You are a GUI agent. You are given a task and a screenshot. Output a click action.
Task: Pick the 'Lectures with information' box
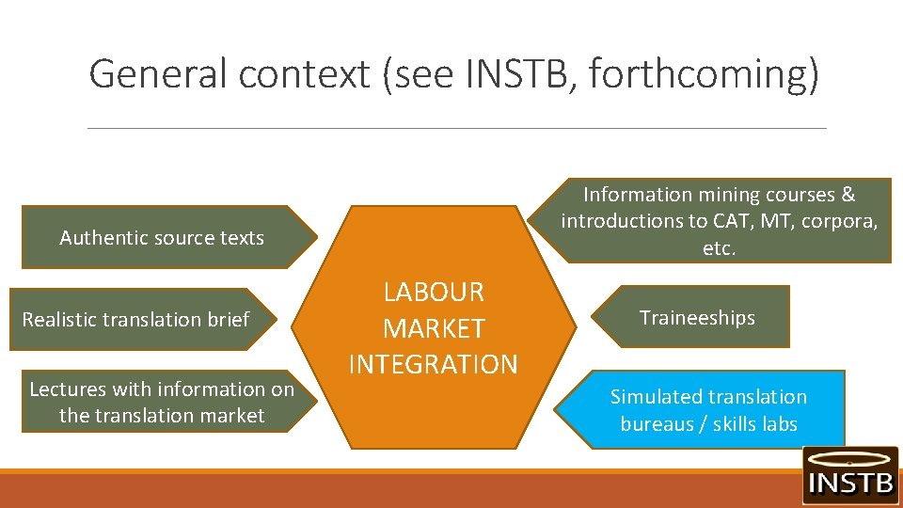[x=162, y=403]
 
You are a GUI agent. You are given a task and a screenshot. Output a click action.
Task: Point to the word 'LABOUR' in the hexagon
[x=434, y=293]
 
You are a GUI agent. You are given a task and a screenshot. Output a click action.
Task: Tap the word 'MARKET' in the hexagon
[x=434, y=328]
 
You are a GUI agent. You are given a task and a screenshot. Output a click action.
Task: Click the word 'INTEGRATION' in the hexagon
[x=434, y=364]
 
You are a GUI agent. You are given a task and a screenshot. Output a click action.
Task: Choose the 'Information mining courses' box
[x=720, y=221]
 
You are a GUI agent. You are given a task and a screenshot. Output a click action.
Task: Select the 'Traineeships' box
[x=697, y=318]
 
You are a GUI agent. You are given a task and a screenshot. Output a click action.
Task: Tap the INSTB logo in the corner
[x=849, y=474]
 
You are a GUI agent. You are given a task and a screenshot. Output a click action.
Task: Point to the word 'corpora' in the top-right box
[x=843, y=221]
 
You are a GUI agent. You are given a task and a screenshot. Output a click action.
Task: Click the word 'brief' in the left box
[x=229, y=320]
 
